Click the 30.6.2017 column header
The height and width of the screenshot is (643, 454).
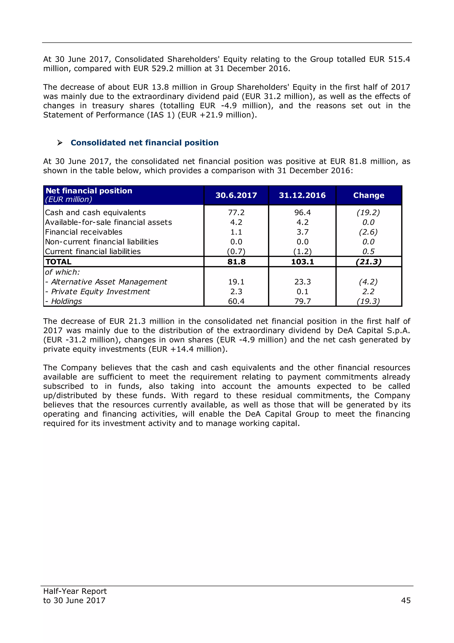[x=236, y=195]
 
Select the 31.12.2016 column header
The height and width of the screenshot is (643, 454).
[x=302, y=195]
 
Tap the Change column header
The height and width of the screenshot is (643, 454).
[x=368, y=195]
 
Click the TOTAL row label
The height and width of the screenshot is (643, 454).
[x=59, y=262]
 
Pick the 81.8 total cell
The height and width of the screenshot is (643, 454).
[x=236, y=262]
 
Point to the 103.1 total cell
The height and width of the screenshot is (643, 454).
[x=302, y=262]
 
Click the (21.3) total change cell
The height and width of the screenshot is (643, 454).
[x=368, y=262]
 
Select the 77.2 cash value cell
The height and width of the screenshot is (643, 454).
[x=236, y=212]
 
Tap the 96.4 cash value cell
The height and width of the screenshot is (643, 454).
[x=302, y=212]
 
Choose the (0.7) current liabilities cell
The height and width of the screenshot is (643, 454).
[x=236, y=252]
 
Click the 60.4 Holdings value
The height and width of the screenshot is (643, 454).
[x=236, y=301]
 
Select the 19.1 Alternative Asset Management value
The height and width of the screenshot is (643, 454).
[x=236, y=282]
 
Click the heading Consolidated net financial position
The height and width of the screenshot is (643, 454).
[x=145, y=143]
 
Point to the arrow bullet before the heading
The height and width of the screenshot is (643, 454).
[x=60, y=143]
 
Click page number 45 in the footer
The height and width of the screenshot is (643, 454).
[x=406, y=600]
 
